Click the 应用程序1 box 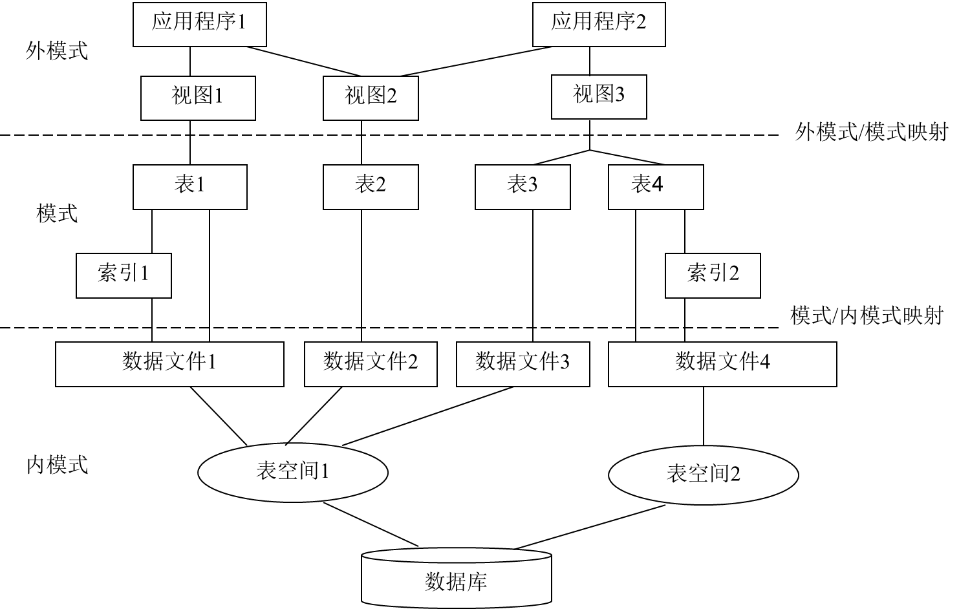[199, 23]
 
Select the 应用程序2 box [599, 23]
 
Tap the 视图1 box [198, 98]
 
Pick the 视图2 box [371, 98]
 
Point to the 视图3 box [599, 96]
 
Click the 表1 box [189, 186]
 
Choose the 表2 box [371, 186]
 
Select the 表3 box [523, 186]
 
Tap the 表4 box [656, 186]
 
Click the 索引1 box [124, 275]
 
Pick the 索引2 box [713, 275]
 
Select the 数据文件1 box [169, 363]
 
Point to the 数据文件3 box [523, 363]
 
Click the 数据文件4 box [722, 363]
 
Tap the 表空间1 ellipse [293, 472]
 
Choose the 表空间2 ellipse [704, 475]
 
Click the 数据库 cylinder [456, 580]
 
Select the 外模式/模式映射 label [874, 134]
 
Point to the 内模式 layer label [57, 467]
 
